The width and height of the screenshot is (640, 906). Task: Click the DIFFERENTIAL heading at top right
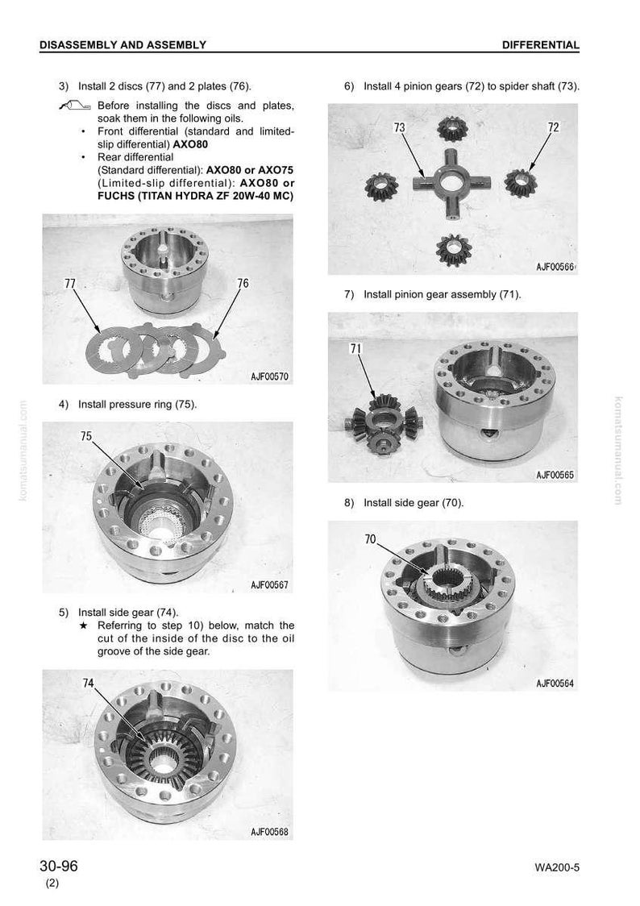pos(540,44)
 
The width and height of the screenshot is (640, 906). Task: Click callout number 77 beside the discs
pos(70,284)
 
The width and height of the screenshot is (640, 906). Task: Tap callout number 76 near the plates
pos(243,283)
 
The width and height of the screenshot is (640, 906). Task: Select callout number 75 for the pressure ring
pos(86,436)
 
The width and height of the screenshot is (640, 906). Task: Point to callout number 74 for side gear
pos(88,683)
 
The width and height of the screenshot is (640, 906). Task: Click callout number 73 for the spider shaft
pos(399,127)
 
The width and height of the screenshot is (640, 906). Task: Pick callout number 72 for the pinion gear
pos(554,127)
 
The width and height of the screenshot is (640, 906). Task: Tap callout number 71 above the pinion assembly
pos(355,348)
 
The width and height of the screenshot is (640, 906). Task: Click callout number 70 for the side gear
pos(370,539)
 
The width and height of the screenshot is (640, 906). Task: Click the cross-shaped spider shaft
pos(451,183)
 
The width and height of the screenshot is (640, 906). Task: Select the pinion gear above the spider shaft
pos(451,128)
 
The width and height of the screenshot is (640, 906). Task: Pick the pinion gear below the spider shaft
pos(454,250)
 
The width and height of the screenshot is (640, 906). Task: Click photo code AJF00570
pos(269,376)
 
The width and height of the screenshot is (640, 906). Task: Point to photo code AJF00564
pos(555,683)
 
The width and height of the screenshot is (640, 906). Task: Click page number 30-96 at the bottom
pos(58,867)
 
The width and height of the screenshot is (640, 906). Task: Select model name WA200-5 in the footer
pos(557,867)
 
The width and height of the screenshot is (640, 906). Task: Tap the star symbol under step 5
pos(84,625)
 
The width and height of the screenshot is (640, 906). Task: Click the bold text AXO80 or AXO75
pos(250,170)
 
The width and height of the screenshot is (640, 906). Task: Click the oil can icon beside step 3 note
pos(74,105)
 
